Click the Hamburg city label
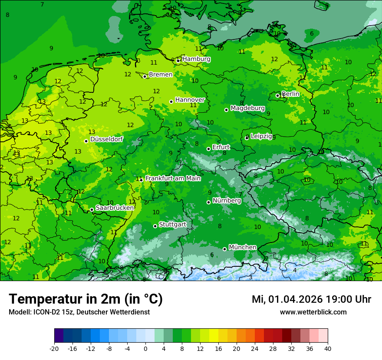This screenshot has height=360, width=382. [196, 59]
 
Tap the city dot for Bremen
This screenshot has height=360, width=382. [145, 76]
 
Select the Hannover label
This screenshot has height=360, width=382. [190, 100]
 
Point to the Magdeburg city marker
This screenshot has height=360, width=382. [226, 110]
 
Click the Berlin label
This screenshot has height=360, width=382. [290, 94]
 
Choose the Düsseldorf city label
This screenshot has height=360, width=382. [106, 139]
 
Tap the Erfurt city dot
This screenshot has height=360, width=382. [208, 149]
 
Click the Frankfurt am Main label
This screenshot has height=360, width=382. [173, 178]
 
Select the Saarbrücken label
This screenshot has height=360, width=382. [115, 208]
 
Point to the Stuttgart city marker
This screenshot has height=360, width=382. [155, 226]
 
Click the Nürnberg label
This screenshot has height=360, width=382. [227, 201]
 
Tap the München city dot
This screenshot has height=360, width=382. [224, 249]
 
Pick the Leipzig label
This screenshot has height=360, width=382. [261, 136]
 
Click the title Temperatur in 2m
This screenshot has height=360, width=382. [86, 299]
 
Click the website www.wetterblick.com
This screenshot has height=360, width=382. [313, 312]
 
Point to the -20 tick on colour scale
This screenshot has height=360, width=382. [54, 348]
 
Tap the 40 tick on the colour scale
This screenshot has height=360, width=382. [328, 348]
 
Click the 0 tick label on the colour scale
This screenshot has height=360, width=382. [145, 348]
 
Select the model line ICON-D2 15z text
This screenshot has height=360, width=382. [79, 312]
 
